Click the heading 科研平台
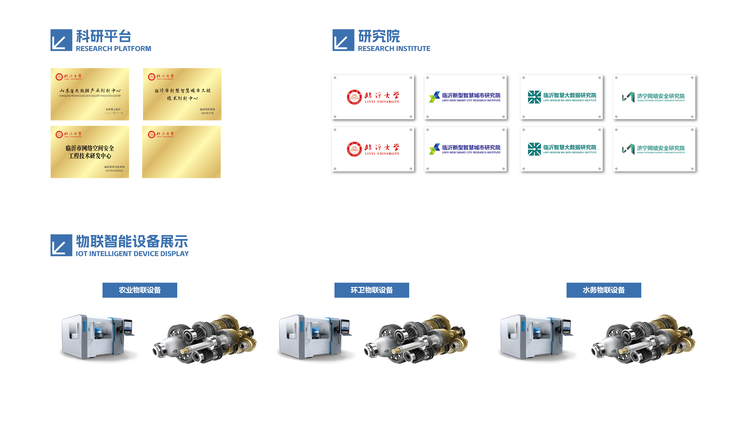click(x=103, y=36)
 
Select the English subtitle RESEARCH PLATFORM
click(x=113, y=49)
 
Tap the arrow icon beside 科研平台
click(x=61, y=40)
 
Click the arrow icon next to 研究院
click(x=343, y=40)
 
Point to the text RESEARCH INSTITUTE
click(x=394, y=49)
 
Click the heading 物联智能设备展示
click(x=132, y=241)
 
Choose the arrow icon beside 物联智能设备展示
click(x=61, y=245)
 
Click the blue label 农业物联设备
click(x=140, y=290)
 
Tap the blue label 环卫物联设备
click(x=372, y=290)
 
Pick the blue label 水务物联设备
click(x=604, y=290)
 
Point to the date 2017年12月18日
click(x=114, y=171)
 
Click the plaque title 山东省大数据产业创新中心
click(x=90, y=90)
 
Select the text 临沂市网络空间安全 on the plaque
click(x=90, y=148)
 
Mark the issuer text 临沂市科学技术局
click(x=115, y=167)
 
